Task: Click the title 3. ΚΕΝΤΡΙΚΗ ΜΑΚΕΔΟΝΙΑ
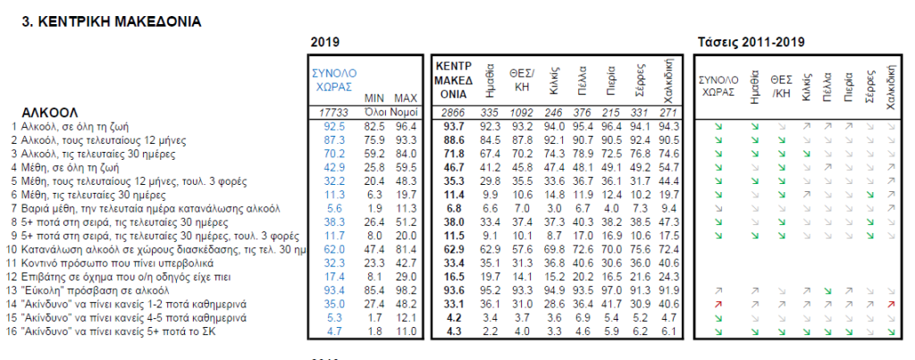[112, 20]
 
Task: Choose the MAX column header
[406, 98]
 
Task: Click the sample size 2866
[452, 112]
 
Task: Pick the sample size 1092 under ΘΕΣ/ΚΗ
[521, 112]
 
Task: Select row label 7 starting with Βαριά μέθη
[143, 208]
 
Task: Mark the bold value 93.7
[452, 126]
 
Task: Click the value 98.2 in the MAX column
[406, 290]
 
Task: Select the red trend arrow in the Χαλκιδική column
[891, 305]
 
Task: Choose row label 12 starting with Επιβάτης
[115, 277]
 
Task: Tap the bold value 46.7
[452, 167]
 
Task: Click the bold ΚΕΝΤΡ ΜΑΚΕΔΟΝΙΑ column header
[452, 80]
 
